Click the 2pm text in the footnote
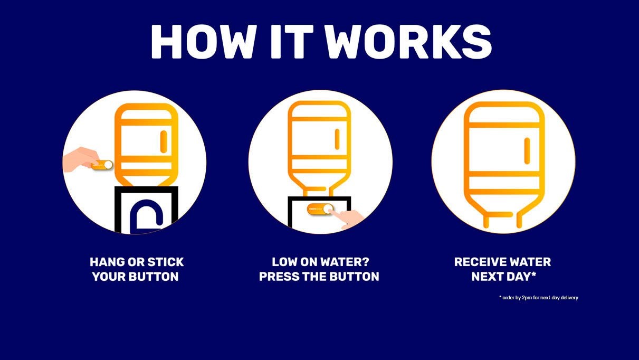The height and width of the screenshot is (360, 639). [527, 298]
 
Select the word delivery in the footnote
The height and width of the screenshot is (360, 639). [569, 298]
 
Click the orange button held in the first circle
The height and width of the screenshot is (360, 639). [102, 165]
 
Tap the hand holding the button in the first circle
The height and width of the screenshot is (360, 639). [81, 160]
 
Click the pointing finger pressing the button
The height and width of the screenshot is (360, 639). [347, 218]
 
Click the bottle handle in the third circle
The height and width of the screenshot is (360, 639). [527, 151]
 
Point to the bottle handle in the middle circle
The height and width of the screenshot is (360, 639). [337, 139]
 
